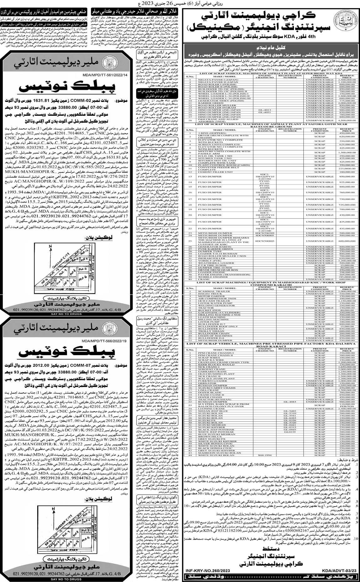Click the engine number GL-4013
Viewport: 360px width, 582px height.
[265, 110]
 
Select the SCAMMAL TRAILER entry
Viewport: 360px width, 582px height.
[207, 291]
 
